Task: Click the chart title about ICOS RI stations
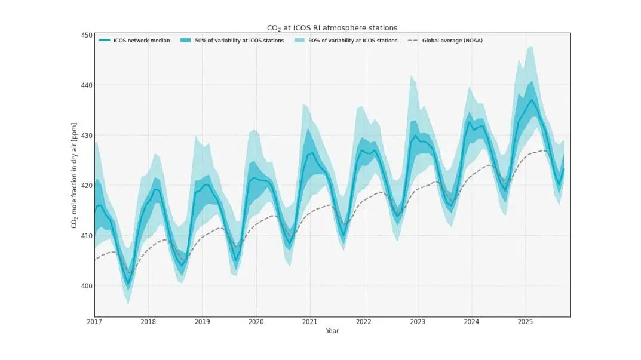(332, 28)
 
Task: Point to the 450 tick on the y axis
(87, 35)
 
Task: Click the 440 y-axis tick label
(87, 85)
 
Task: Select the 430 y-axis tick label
(87, 136)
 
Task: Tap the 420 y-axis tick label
(87, 186)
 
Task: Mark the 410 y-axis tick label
(87, 236)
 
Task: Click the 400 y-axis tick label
(87, 286)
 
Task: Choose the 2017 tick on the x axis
(94, 322)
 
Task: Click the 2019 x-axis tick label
(203, 322)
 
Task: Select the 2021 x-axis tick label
(310, 322)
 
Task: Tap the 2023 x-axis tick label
(418, 322)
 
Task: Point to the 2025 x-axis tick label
(525, 322)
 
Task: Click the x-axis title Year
(332, 331)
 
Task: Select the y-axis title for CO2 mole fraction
(75, 177)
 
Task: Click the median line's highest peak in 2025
(532, 100)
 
